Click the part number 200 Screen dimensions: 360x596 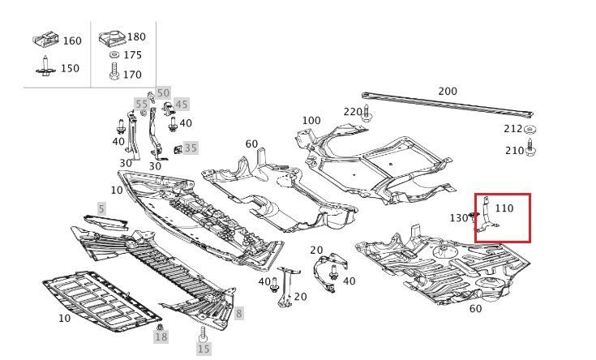pyautogui.click(x=448, y=91)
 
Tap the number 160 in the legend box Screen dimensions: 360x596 pyautogui.click(x=72, y=41)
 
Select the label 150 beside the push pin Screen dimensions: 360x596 pyautogui.click(x=70, y=68)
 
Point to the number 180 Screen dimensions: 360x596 pyautogui.click(x=136, y=36)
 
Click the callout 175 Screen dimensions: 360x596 pyautogui.click(x=133, y=55)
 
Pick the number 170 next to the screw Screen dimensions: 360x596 pyautogui.click(x=133, y=75)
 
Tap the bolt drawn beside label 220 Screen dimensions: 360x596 pyautogui.click(x=367, y=113)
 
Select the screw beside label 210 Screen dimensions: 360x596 pyautogui.click(x=530, y=148)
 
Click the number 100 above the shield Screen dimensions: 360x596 pyautogui.click(x=311, y=121)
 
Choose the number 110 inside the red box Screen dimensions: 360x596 pyautogui.click(x=504, y=208)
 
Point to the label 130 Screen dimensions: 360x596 pyautogui.click(x=458, y=217)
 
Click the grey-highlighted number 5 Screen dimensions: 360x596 pyautogui.click(x=101, y=208)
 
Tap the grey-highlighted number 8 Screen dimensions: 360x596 pyautogui.click(x=239, y=313)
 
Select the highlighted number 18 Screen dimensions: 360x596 pyautogui.click(x=161, y=336)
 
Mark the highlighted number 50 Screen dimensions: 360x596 pyautogui.click(x=163, y=93)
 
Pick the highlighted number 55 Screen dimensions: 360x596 pyautogui.click(x=142, y=104)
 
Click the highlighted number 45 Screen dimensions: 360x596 pyautogui.click(x=182, y=104)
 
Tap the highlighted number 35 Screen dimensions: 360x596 pyautogui.click(x=191, y=148)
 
